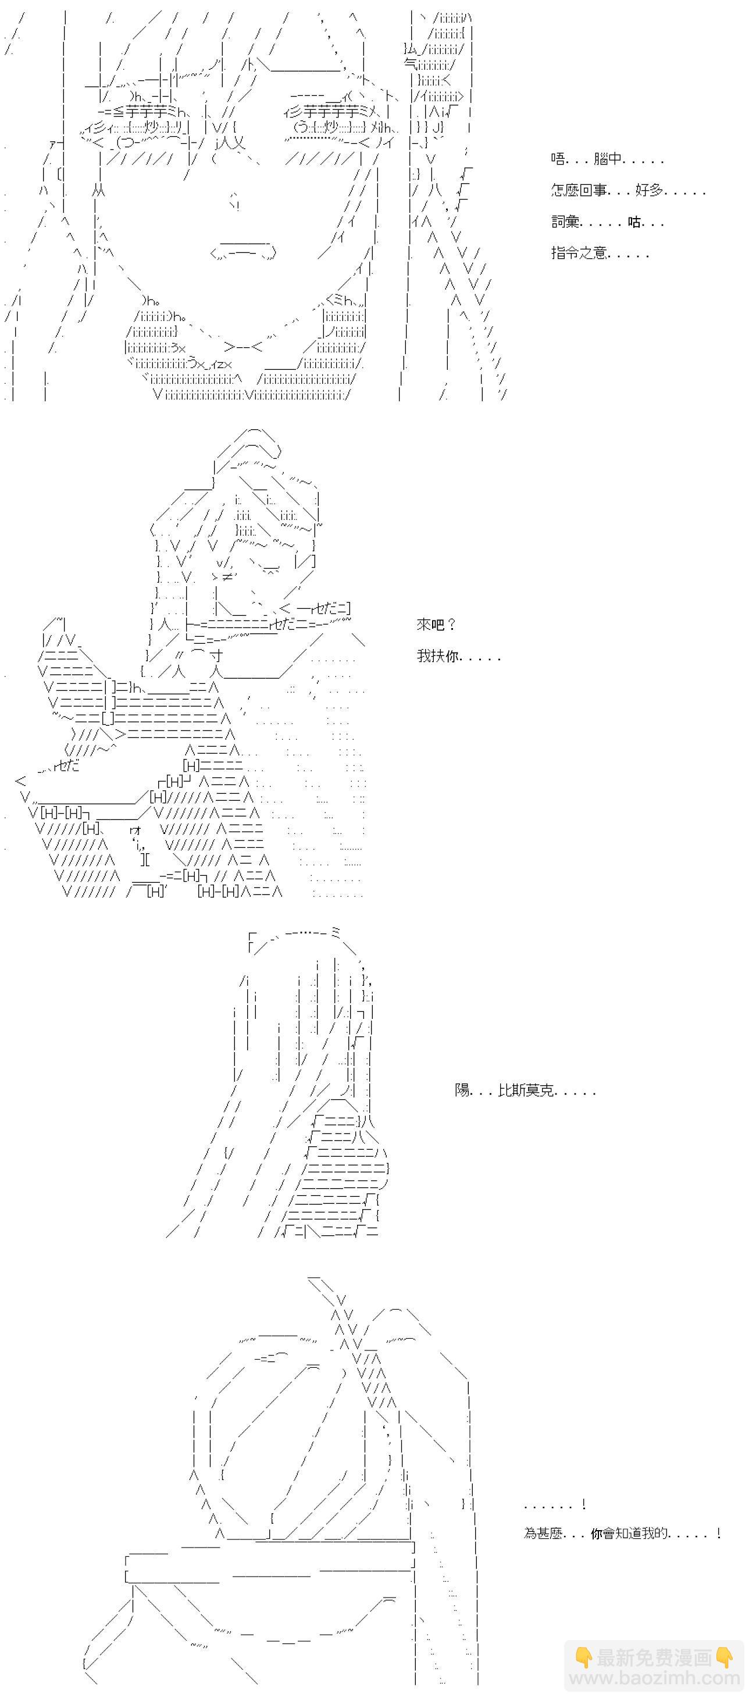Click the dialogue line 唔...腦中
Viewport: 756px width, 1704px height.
(x=607, y=159)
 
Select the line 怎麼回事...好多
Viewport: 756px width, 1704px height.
(x=627, y=191)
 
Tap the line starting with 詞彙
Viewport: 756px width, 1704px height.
(x=607, y=222)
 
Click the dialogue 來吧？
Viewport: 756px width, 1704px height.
(x=437, y=625)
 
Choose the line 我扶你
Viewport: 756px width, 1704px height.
(x=458, y=656)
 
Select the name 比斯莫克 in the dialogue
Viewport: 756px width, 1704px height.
(x=526, y=1090)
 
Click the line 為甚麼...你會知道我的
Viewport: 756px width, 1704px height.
(x=622, y=1534)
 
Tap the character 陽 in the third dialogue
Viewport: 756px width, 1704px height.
(x=462, y=1090)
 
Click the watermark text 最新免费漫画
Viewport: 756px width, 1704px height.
(x=654, y=1657)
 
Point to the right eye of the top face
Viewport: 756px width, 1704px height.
(x=330, y=126)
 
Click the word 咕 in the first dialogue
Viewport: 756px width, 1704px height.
(x=634, y=222)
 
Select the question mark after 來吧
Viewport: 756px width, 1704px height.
(x=452, y=625)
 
